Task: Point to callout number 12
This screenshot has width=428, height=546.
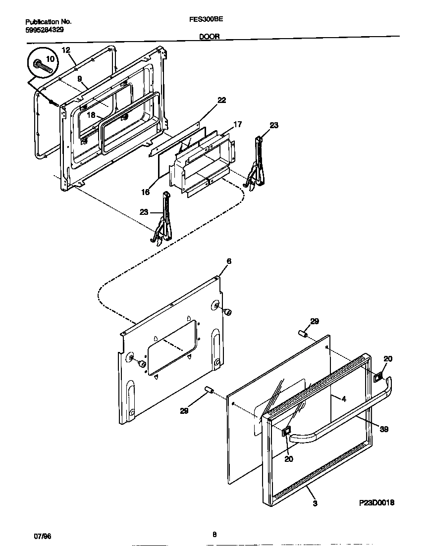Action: [66, 50]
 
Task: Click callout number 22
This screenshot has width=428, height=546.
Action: [221, 100]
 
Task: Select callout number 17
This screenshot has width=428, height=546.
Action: [238, 124]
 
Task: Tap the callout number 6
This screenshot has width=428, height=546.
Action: [228, 261]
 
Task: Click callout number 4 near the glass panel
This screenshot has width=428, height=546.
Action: [343, 398]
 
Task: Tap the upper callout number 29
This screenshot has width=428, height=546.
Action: [315, 321]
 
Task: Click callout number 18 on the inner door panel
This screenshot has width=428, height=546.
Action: [91, 115]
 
